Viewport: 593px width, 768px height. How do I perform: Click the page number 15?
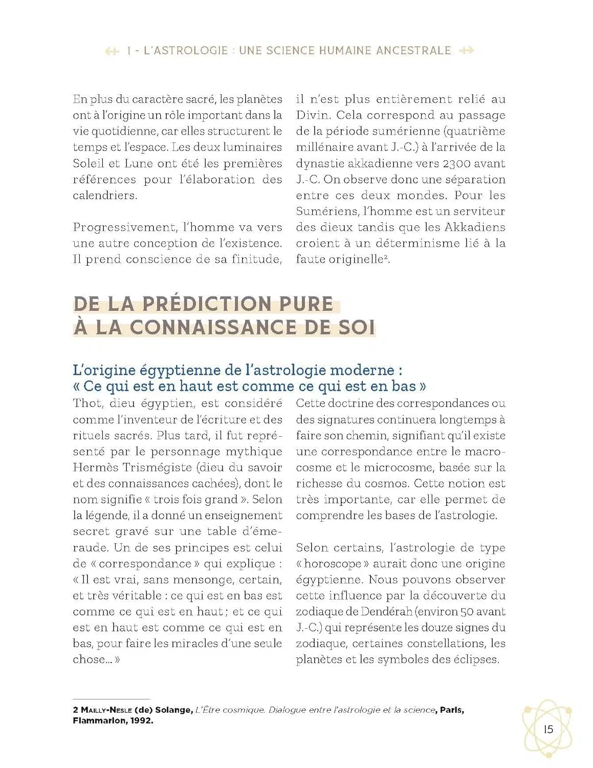tap(548, 729)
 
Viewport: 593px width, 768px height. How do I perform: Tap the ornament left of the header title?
tap(112, 51)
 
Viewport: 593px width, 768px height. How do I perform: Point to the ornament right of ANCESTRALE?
tap(467, 51)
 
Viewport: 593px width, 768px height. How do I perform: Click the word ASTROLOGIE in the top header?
tap(186, 51)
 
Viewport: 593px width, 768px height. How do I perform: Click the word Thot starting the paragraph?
tap(87, 403)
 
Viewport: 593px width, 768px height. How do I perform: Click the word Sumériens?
tap(326, 211)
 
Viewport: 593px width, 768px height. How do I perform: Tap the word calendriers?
tap(105, 196)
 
